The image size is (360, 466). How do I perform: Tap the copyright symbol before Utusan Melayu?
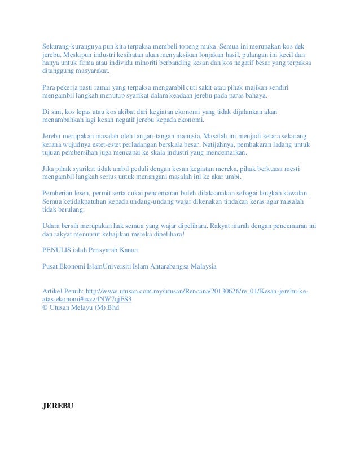[x=45, y=308]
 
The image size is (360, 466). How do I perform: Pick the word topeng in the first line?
[x=173, y=45]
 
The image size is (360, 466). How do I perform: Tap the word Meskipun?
[x=76, y=55]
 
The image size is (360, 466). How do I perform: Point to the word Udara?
[x=53, y=224]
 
